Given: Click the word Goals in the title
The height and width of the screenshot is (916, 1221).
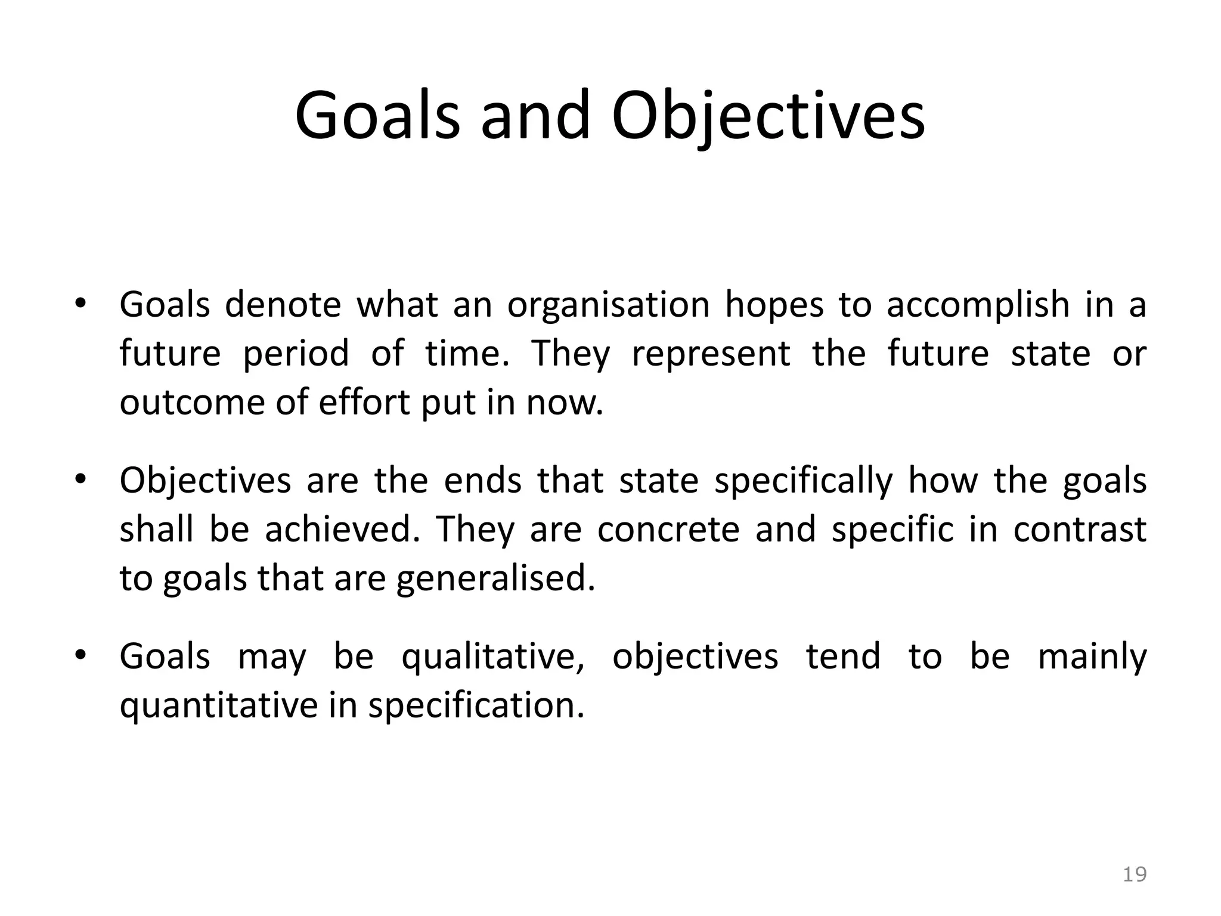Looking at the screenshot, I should point(377,116).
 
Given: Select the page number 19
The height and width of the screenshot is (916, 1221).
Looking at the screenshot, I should point(1135,875).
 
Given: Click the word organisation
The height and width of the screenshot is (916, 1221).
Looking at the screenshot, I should point(608,305).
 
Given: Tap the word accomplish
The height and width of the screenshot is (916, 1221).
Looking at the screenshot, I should point(978,305).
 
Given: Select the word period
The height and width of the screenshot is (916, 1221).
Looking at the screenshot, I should point(296,354).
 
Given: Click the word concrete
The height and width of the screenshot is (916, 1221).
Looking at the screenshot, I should point(668,530).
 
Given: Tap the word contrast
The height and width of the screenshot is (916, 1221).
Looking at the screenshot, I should point(1080,530).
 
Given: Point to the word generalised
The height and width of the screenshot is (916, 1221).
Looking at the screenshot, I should point(495,579).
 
